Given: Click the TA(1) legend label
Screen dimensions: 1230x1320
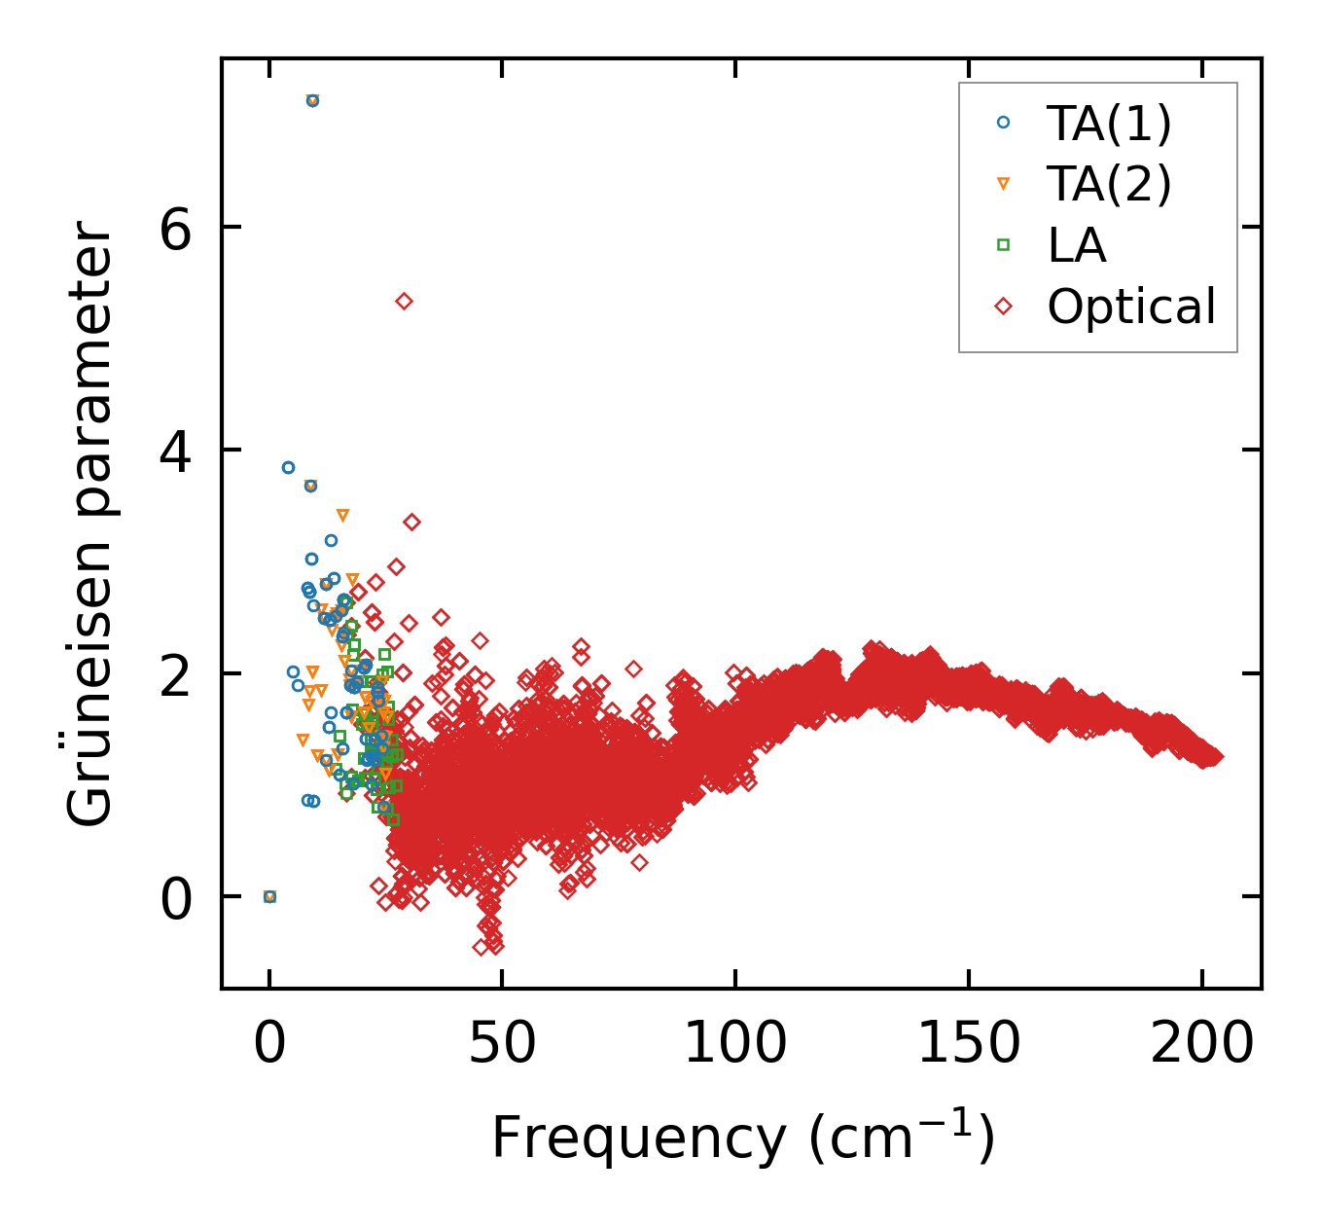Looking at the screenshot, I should point(1109,123).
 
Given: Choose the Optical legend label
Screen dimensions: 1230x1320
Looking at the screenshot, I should point(1131,307).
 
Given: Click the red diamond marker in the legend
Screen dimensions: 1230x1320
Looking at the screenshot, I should point(1004,307).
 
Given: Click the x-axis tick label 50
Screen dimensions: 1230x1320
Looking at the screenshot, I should point(502,1045).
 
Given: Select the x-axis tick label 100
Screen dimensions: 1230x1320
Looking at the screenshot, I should point(734,1045).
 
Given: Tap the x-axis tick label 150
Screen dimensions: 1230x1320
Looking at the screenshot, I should point(969,1045).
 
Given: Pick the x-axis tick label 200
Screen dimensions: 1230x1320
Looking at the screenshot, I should point(1202,1045).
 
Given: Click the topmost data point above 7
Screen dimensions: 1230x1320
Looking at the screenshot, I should point(312,100).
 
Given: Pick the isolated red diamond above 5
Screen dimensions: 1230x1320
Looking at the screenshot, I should point(405,302).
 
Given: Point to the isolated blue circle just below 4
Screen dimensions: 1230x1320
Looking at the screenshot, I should point(288,467).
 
